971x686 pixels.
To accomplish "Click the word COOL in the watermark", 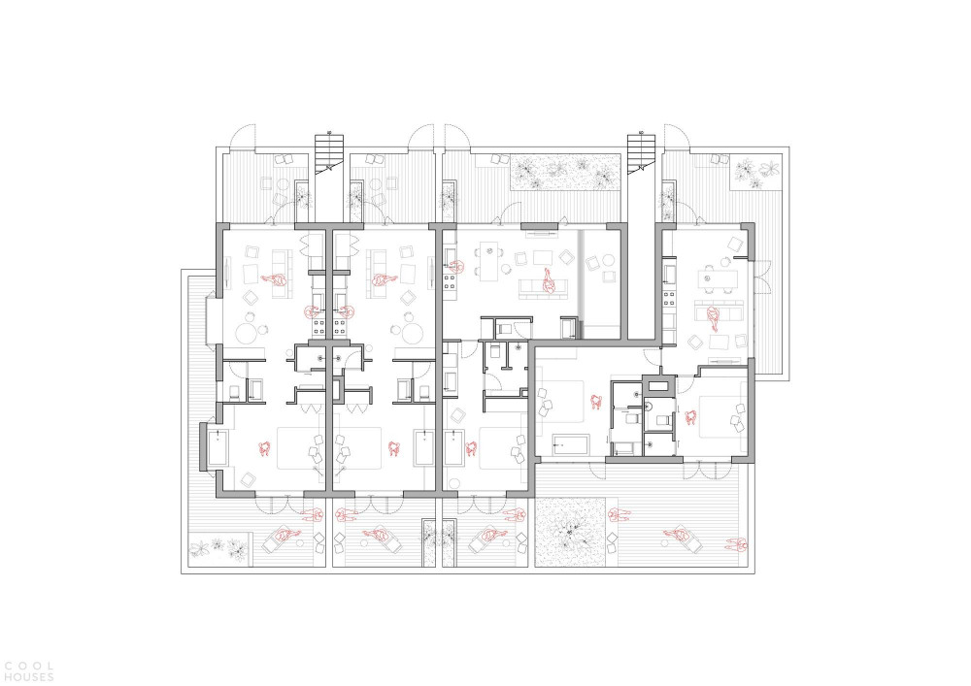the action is pos(28,668).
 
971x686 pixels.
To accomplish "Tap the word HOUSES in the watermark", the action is pos(28,677).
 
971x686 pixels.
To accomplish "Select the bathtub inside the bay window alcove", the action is pos(217,448).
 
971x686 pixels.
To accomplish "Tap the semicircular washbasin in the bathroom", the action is pos(648,407).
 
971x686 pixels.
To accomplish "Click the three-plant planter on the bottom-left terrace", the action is pos(219,548).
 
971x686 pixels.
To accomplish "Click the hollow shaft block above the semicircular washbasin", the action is pos(657,388).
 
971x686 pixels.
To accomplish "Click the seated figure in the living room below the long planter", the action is pos(548,282).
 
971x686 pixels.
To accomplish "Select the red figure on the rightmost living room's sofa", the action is pos(714,317).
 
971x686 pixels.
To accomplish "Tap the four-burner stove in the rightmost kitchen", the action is pos(669,300).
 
